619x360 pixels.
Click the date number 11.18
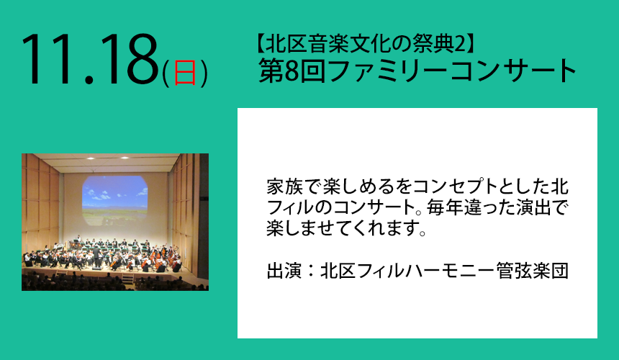click(x=90, y=59)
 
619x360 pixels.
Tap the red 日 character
click(x=185, y=73)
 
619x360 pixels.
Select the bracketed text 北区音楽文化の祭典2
click(x=364, y=43)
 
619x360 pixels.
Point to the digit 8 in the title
click(x=291, y=71)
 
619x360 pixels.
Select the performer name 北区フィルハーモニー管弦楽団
click(x=444, y=271)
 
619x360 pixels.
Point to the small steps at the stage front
click(x=127, y=279)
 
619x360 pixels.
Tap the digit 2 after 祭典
click(x=458, y=44)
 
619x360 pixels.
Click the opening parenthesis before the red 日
click(x=166, y=73)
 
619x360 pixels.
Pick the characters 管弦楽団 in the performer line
click(x=533, y=271)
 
